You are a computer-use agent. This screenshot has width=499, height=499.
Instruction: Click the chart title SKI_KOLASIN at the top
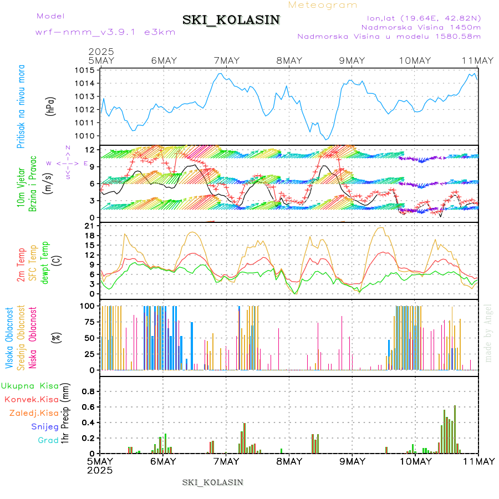pyautogui.click(x=231, y=20)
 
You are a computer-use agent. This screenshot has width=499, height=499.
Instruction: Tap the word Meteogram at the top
pyautogui.click(x=323, y=5)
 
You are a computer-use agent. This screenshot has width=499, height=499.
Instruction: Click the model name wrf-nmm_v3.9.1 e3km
pyautogui.click(x=105, y=32)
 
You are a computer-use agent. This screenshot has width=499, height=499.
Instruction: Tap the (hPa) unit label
pyautogui.click(x=51, y=106)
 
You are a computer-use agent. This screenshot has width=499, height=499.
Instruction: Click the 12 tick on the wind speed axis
pyautogui.click(x=89, y=150)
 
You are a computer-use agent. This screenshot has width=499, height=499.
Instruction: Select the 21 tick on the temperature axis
pyautogui.click(x=89, y=226)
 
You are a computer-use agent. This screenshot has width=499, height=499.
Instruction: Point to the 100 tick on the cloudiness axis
pyautogui.click(x=86, y=305)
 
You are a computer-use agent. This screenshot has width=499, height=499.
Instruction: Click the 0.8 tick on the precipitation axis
pyautogui.click(x=88, y=391)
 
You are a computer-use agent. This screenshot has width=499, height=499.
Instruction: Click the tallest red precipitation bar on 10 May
pyautogui.click(x=455, y=429)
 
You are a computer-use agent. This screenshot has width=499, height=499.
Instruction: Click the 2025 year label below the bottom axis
pyautogui.click(x=100, y=470)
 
